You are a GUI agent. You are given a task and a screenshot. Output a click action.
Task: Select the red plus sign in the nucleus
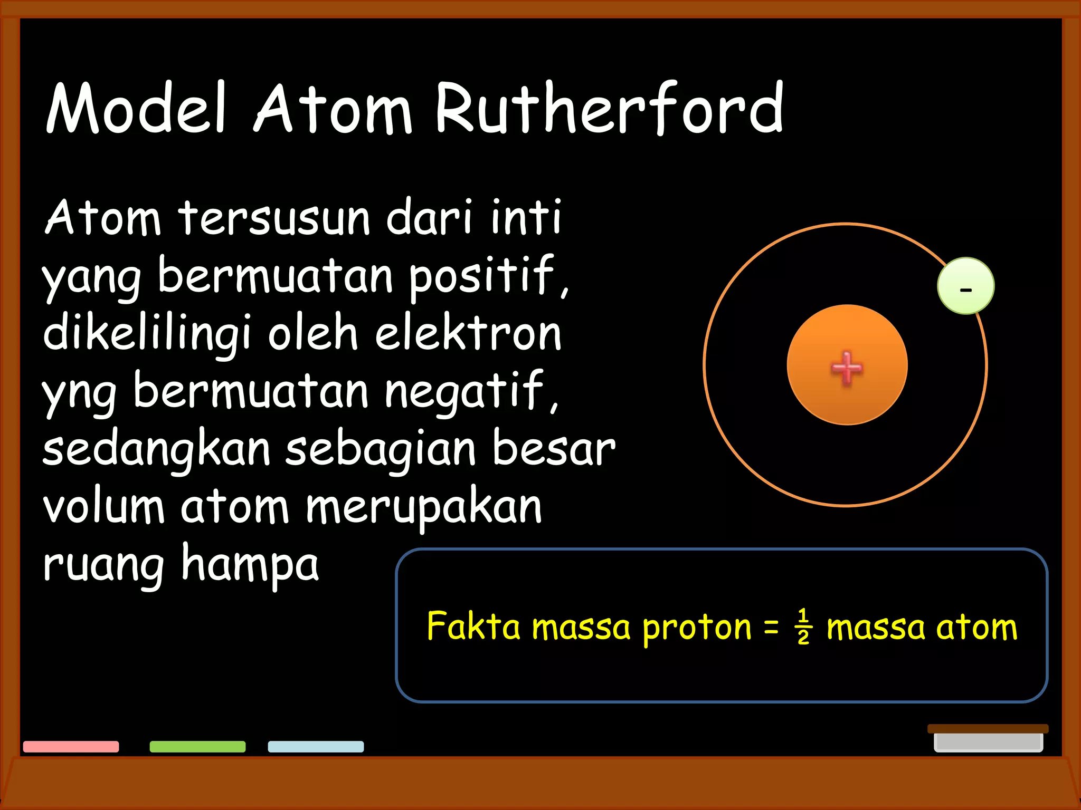point(847,368)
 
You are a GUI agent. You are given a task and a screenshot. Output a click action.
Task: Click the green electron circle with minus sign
point(965,286)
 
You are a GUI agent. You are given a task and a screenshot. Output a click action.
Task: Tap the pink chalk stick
point(71,746)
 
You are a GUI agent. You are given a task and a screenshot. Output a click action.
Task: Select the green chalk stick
point(197,746)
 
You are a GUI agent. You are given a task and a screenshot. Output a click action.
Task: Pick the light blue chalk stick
point(316,746)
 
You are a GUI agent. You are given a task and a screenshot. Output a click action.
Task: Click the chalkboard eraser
point(988,738)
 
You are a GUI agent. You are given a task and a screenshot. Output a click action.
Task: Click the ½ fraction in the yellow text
point(803,626)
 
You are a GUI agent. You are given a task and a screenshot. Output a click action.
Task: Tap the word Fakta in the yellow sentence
point(473,626)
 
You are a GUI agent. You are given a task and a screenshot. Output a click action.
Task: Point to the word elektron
point(468,333)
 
